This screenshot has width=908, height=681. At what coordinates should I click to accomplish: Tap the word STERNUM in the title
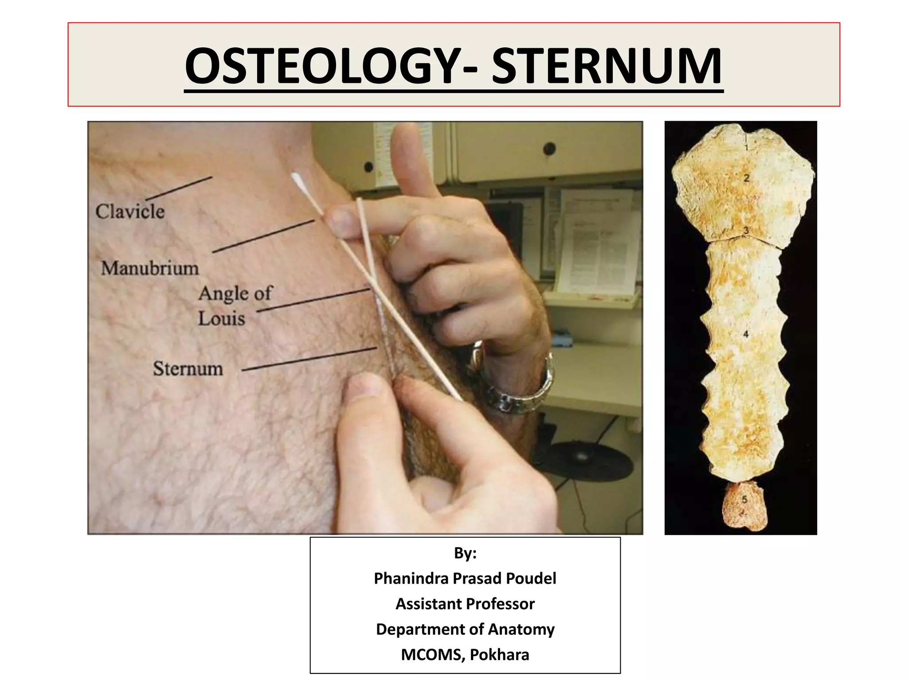click(x=607, y=67)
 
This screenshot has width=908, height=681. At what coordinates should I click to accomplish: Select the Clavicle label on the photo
click(x=130, y=212)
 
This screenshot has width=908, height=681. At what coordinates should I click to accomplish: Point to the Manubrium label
click(x=150, y=269)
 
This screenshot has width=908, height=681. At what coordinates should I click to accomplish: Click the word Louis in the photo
click(x=221, y=319)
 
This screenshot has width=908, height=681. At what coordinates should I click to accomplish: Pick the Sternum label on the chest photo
click(x=188, y=369)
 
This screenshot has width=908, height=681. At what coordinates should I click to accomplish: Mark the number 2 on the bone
click(x=747, y=178)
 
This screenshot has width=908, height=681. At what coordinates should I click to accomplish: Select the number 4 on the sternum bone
click(x=746, y=333)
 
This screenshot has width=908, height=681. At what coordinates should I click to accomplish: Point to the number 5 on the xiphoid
click(x=744, y=500)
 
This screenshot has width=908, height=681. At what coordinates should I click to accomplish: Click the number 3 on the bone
click(x=746, y=231)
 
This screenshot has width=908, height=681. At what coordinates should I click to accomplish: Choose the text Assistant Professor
click(x=465, y=604)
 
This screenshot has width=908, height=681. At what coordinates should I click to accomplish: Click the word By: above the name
click(x=465, y=553)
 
